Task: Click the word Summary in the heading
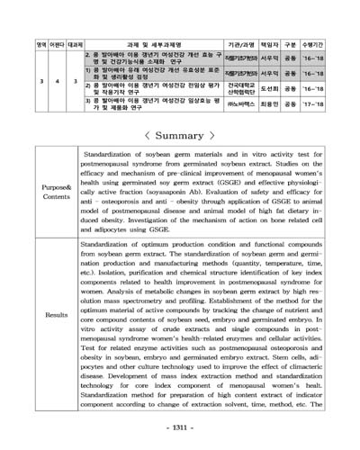pos(180,136)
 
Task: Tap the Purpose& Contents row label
pos(49,193)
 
